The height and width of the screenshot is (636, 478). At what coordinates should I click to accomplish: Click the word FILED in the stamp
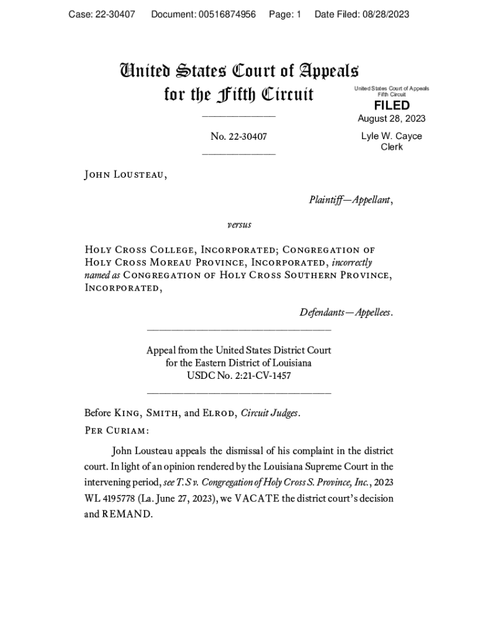(x=392, y=106)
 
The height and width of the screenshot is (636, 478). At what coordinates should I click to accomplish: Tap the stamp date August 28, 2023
(x=392, y=119)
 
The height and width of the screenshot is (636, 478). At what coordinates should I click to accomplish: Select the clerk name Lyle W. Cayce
(x=392, y=136)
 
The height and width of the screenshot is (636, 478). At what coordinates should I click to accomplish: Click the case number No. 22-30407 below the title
(x=238, y=137)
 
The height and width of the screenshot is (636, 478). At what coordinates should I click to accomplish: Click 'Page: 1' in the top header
(x=285, y=14)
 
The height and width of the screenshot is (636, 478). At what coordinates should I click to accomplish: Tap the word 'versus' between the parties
(x=238, y=224)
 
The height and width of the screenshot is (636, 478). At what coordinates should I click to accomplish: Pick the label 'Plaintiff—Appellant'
(x=350, y=199)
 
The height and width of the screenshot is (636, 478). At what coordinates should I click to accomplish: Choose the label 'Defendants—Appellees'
(x=345, y=312)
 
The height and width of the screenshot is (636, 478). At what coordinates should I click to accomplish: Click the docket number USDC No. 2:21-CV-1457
(x=238, y=376)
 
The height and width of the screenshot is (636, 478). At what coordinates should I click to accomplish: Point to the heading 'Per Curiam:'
(x=116, y=430)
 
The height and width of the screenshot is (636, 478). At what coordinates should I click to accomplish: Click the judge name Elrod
(x=220, y=413)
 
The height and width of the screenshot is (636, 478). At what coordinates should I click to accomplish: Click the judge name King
(x=129, y=413)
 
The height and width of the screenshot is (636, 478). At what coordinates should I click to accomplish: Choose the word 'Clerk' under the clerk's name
(x=392, y=147)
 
